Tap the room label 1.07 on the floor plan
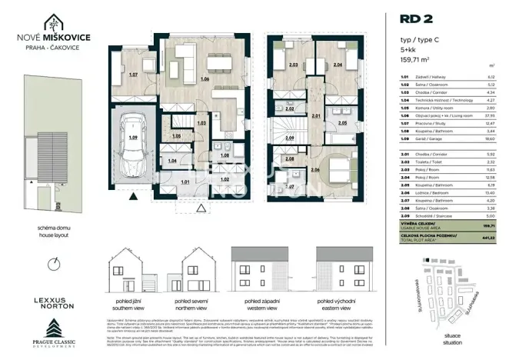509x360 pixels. coord(133,75)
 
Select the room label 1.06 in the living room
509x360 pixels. coord(205,79)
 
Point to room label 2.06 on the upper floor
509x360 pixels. coord(315,169)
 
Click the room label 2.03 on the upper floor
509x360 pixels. coord(293,65)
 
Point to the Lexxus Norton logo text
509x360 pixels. coord(53,299)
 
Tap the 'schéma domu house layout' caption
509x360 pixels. coord(53,232)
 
